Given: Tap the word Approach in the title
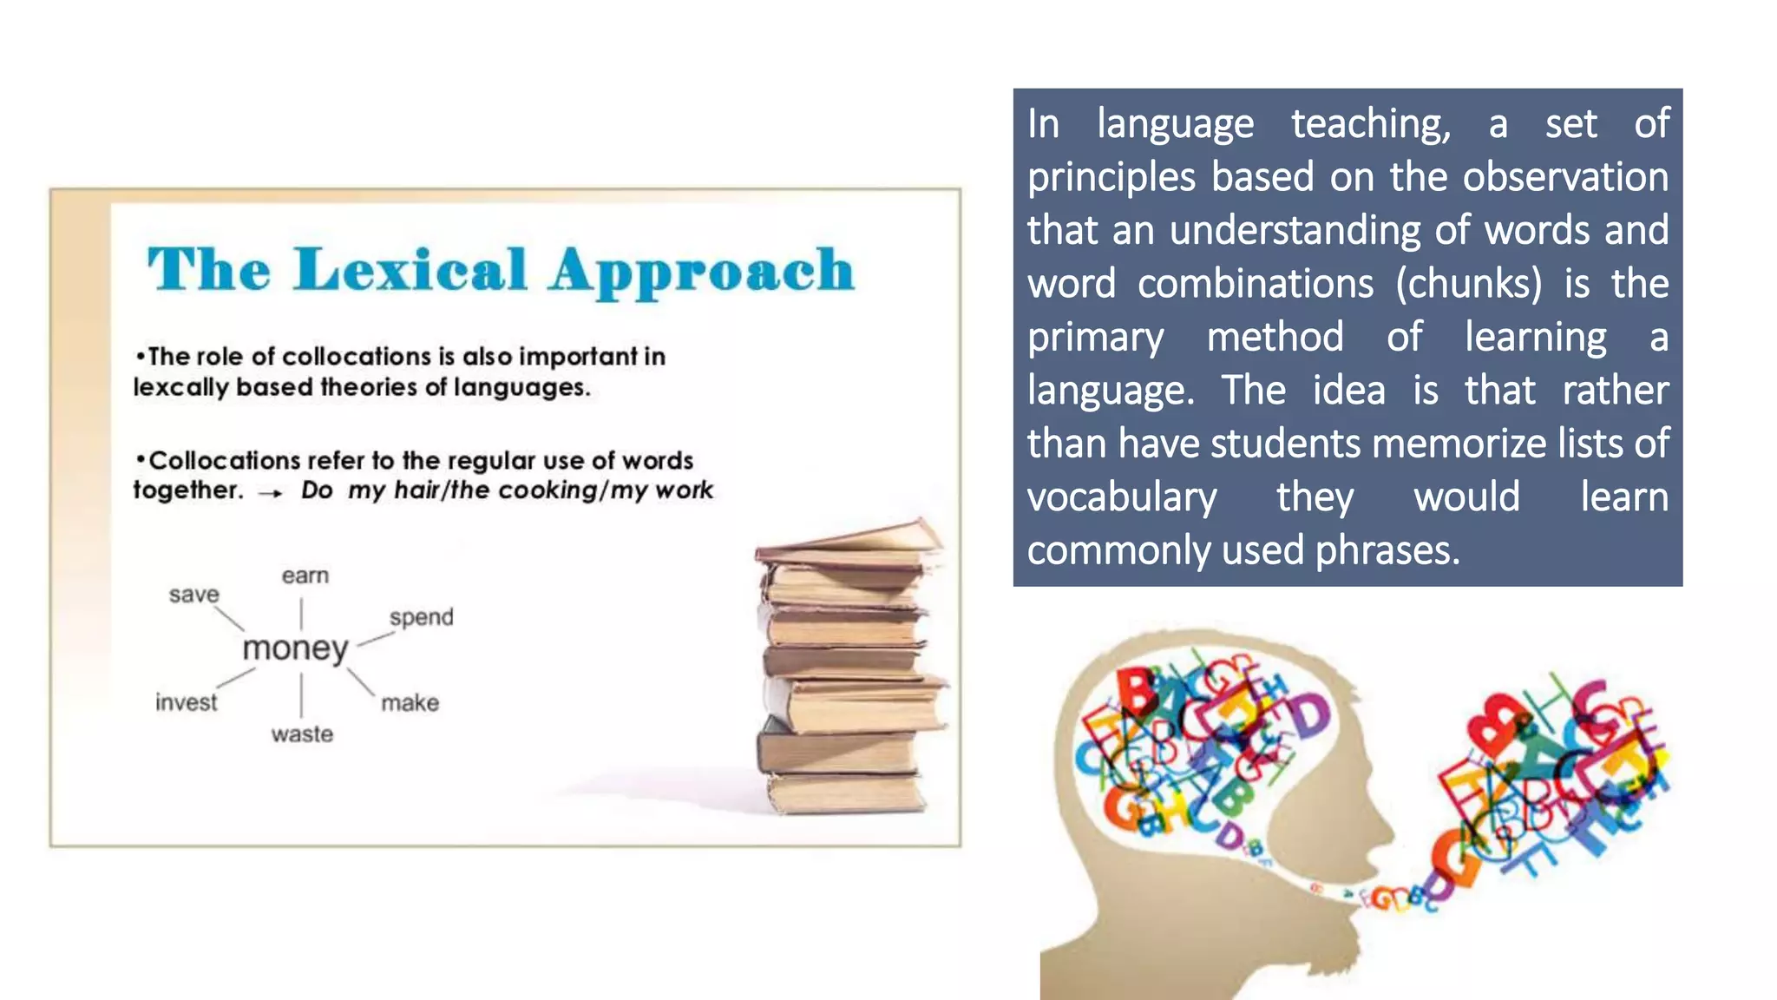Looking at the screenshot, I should click(701, 272).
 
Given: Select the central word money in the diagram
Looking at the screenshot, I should click(295, 648).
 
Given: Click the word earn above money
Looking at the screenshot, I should click(305, 576).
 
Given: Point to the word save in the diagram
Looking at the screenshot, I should click(193, 595).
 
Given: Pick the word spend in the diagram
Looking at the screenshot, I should click(421, 617).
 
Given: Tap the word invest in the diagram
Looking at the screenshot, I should click(186, 702).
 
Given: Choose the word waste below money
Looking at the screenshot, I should click(302, 734).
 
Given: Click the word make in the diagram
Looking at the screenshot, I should click(410, 702).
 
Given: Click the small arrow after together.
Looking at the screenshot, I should click(271, 493).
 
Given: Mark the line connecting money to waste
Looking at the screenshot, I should click(301, 694).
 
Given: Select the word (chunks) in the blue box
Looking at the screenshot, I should click(1469, 284).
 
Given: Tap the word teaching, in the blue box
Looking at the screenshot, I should click(1370, 124).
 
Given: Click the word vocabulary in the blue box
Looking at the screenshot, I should click(1122, 497).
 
